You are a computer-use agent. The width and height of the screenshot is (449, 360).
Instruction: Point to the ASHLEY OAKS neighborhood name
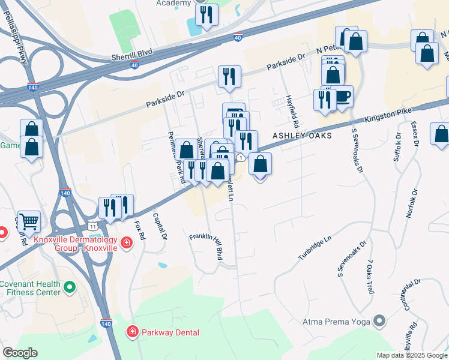[x=299, y=136]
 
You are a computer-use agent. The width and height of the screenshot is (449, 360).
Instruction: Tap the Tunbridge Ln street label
[x=315, y=248]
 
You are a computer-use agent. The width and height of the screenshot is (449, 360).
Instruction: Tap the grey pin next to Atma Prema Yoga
[x=379, y=322]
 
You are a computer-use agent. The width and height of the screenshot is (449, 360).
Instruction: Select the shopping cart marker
[x=29, y=221]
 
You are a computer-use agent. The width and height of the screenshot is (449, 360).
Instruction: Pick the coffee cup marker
[x=342, y=97]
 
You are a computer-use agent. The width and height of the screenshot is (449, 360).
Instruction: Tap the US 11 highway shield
[x=92, y=224]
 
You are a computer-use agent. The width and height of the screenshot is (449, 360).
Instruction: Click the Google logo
[x=20, y=353]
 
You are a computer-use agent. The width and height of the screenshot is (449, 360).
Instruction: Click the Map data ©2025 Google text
[x=412, y=355]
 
